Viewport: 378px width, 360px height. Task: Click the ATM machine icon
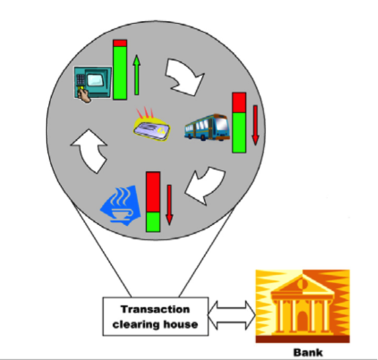pyautogui.click(x=92, y=83)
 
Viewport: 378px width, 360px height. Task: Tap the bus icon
pyautogui.click(x=207, y=127)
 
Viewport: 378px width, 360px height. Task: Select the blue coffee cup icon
pyautogui.click(x=121, y=206)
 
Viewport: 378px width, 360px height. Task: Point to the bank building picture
pyautogui.click(x=303, y=306)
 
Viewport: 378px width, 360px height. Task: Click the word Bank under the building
pyautogui.click(x=308, y=353)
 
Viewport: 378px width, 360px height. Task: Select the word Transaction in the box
pyautogui.click(x=155, y=309)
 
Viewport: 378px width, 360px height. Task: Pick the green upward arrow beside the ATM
pyautogui.click(x=137, y=75)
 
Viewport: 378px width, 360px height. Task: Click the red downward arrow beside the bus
pyautogui.click(x=255, y=125)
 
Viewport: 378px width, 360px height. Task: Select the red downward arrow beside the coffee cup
pyautogui.click(x=170, y=205)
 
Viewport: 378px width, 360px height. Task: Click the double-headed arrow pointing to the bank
pyautogui.click(x=232, y=315)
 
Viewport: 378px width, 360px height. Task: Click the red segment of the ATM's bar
pyautogui.click(x=120, y=43)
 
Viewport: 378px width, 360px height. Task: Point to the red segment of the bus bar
pyautogui.click(x=239, y=102)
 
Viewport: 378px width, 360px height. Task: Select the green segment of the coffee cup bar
pyautogui.click(x=153, y=222)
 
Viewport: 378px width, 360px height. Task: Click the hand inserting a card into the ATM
pyautogui.click(x=84, y=95)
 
